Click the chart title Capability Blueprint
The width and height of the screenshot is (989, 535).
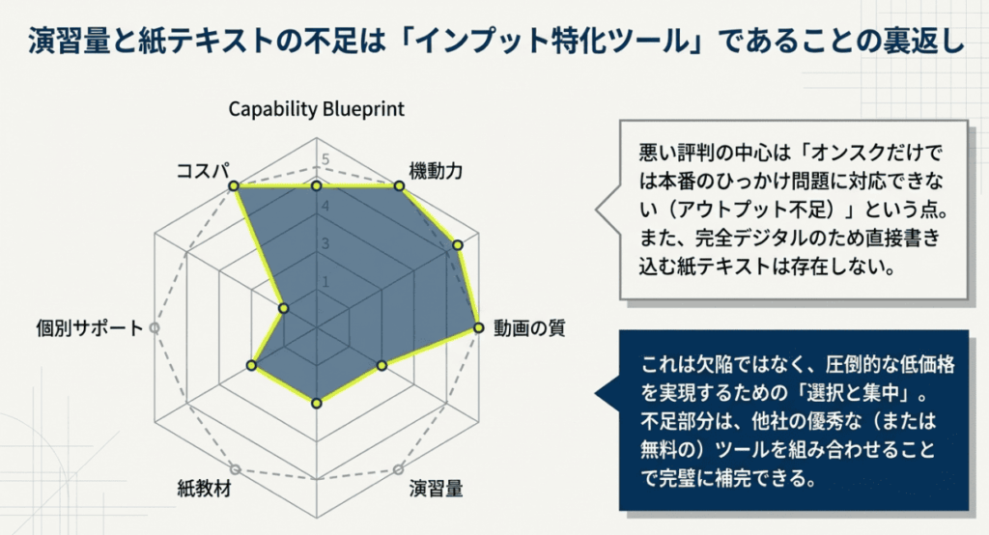(x=316, y=108)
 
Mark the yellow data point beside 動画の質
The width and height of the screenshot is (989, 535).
(x=477, y=328)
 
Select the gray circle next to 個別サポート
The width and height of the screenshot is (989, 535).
(x=154, y=328)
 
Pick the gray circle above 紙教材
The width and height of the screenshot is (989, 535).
(x=235, y=469)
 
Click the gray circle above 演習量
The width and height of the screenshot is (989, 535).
(x=397, y=469)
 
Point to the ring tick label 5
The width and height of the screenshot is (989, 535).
(x=325, y=160)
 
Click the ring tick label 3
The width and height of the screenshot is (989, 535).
(x=325, y=243)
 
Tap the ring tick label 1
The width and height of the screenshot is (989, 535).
(x=325, y=283)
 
